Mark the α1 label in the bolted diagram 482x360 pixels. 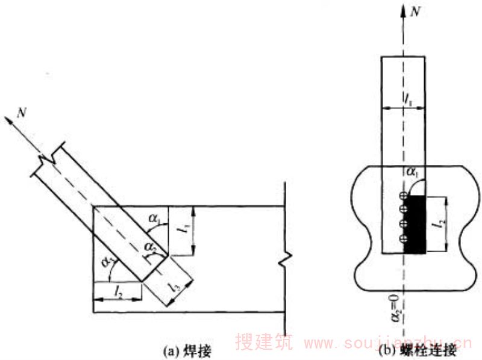(x=414, y=174)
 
